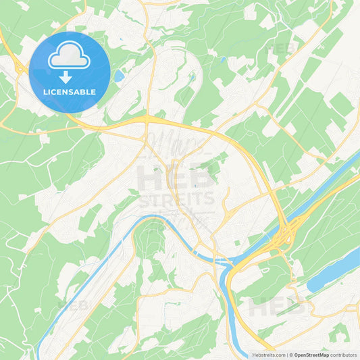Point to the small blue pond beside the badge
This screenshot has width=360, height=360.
tap(119, 76)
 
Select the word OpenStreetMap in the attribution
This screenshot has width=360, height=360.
tap(311, 355)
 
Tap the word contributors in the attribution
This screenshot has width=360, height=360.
tap(343, 355)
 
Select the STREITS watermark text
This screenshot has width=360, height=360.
tap(177, 201)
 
